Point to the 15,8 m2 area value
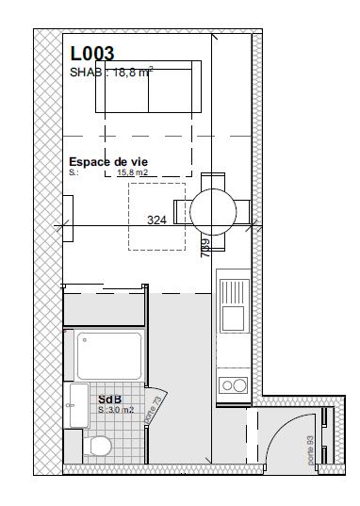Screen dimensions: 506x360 133,173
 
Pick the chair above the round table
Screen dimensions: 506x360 214,181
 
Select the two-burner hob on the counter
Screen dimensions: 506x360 232,384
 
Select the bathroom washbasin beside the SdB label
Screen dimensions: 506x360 75,404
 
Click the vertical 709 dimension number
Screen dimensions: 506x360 205,248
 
